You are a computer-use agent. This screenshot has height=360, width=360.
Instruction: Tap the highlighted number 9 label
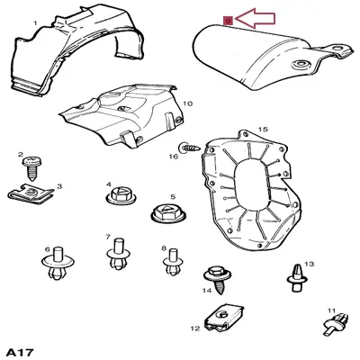coord(229,21)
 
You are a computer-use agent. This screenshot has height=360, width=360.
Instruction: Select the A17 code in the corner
coord(20,352)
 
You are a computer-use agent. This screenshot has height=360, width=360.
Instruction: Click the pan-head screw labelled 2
coord(32,167)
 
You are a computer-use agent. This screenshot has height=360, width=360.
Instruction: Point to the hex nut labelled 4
coord(121,196)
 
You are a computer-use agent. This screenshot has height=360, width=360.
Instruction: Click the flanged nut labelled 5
coord(167,213)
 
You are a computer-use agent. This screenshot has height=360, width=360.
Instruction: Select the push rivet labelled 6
coord(58,263)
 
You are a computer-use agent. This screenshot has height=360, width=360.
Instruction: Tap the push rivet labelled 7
coord(118,254)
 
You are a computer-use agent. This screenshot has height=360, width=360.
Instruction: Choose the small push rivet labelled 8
coord(173,262)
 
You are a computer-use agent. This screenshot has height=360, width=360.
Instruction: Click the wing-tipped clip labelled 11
coord(337,321)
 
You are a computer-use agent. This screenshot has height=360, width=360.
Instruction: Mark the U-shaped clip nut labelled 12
coord(224,319)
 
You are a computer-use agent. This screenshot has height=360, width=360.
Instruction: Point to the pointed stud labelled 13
coord(297,277)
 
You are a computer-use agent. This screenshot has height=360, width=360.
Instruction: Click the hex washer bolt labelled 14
coord(218,279)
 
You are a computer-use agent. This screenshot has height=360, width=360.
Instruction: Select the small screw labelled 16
coord(190,148)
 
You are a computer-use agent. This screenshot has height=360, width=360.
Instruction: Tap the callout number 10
coord(187,103)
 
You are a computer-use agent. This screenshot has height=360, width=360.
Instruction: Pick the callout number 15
coord(263,130)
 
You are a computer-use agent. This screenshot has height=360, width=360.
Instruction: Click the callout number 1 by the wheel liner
coord(35,23)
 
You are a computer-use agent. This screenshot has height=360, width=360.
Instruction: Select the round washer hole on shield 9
coord(299,64)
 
